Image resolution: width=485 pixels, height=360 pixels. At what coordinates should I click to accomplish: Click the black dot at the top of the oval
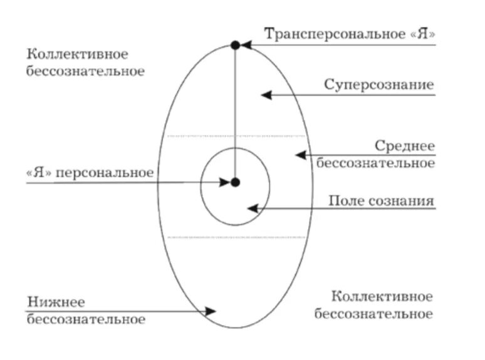click(235, 45)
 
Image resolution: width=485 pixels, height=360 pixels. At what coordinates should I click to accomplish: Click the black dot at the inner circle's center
click(235, 182)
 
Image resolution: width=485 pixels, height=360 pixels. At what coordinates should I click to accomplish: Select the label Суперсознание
click(379, 84)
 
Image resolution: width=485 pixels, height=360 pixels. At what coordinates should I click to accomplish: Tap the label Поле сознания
click(382, 201)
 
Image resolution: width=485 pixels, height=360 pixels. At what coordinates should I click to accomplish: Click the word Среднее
click(405, 146)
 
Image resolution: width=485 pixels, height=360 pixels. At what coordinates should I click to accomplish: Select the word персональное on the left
click(105, 172)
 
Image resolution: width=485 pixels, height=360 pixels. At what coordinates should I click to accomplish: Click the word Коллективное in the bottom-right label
click(382, 296)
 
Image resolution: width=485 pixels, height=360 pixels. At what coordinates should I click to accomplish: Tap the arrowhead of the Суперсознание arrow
click(267, 95)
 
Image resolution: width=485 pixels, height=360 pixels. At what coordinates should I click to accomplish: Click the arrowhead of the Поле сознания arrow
click(253, 208)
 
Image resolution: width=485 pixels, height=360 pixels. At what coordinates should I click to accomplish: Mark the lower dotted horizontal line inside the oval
click(238, 237)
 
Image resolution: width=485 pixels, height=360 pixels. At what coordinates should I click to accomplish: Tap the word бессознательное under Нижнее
click(86, 319)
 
